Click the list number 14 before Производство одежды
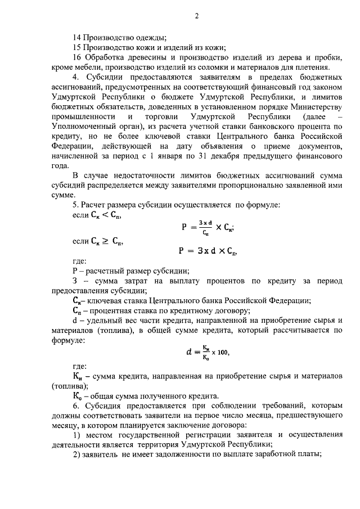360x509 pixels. [x=78, y=38]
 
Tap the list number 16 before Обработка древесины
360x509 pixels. [x=78, y=58]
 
